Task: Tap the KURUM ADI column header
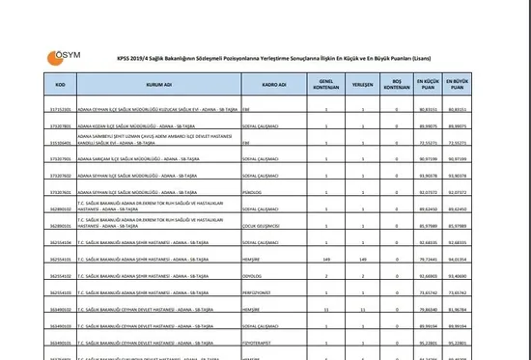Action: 159,84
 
